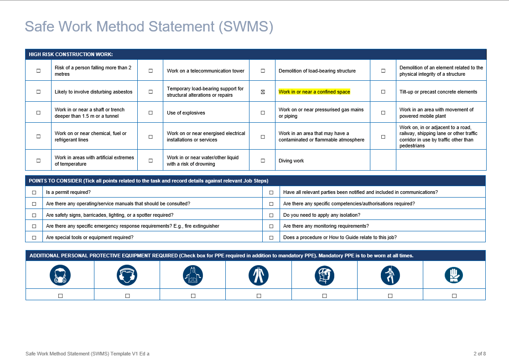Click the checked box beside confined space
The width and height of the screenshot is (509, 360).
click(263, 92)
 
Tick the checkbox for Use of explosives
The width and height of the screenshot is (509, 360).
click(151, 113)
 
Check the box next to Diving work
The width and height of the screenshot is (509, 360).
click(263, 161)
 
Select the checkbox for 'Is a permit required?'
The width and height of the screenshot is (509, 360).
click(34, 193)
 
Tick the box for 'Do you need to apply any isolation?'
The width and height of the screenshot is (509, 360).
click(271, 215)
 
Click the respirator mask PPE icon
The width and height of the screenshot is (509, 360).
click(60, 275)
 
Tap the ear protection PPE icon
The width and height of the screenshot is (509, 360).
click(127, 275)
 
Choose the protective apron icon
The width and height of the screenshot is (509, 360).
click(193, 275)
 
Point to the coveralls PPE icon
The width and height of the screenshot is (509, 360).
click(259, 275)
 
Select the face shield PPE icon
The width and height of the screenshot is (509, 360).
click(324, 275)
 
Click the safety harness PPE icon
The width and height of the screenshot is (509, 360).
click(390, 275)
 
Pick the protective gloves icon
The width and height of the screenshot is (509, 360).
click(454, 275)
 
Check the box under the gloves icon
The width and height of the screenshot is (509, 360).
click(454, 296)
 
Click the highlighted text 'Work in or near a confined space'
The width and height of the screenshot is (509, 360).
click(314, 92)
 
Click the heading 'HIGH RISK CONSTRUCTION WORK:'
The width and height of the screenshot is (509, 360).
click(71, 54)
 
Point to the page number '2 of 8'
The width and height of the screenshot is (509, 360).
click(479, 354)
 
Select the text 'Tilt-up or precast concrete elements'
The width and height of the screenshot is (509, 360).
click(438, 92)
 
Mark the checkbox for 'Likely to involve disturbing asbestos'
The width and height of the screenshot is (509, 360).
click(38, 92)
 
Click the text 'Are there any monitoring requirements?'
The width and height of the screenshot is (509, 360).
click(326, 226)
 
